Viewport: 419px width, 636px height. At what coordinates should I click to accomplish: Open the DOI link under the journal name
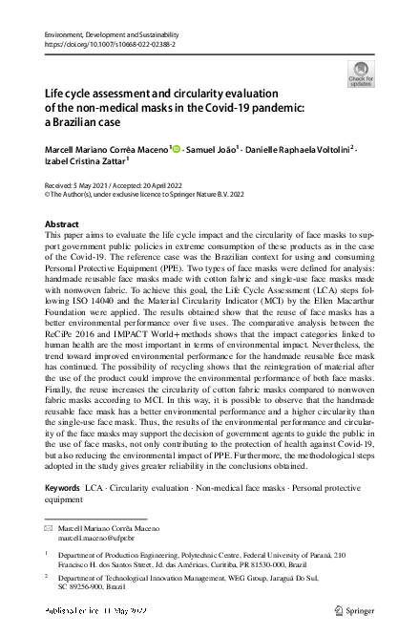point(107,43)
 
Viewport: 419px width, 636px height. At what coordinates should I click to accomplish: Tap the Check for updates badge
point(360,74)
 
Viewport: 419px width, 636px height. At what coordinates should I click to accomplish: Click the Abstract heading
point(62,223)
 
